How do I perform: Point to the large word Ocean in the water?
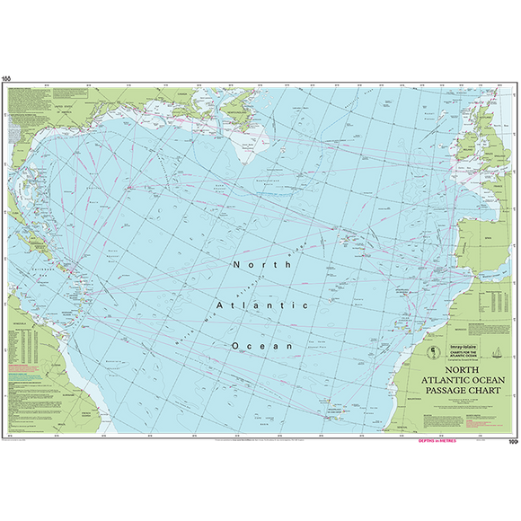click(262, 346)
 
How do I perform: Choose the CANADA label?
click(184, 93)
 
